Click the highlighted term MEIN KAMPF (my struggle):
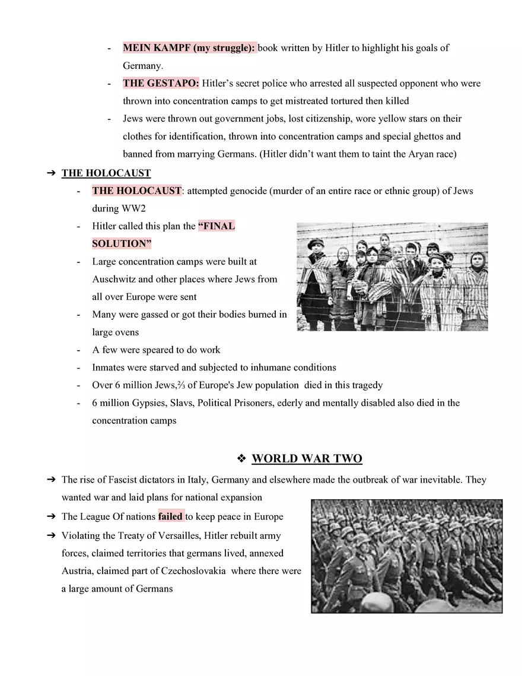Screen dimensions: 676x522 pyautogui.click(x=189, y=48)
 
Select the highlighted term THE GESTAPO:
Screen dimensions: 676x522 pyautogui.click(x=161, y=84)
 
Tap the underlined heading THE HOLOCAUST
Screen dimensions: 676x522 pyautogui.click(x=106, y=173)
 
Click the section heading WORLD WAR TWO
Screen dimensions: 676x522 pyautogui.click(x=307, y=459)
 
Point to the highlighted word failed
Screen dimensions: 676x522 pyautogui.click(x=171, y=516)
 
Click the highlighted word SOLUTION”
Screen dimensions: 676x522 pyautogui.click(x=122, y=244)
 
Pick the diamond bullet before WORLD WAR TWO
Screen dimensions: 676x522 pyautogui.click(x=241, y=459)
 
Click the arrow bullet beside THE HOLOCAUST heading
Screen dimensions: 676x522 pyautogui.click(x=51, y=173)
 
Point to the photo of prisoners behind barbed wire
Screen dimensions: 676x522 pyautogui.click(x=392, y=277)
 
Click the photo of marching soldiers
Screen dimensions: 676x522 pyautogui.click(x=406, y=556)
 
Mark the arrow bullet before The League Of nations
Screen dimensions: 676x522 pyautogui.click(x=51, y=516)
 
